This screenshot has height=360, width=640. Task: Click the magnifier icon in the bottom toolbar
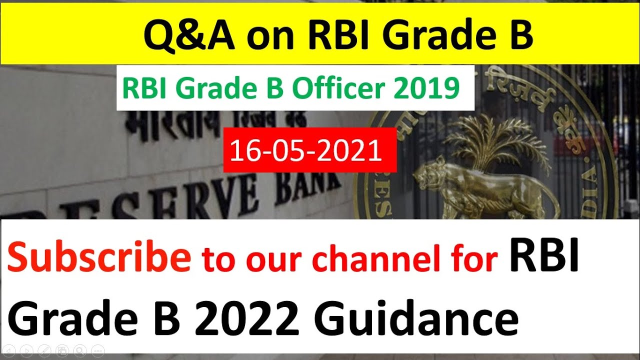click(78, 350)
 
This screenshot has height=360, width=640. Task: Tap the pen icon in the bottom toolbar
click(44, 350)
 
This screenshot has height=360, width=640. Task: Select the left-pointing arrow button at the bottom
click(10, 350)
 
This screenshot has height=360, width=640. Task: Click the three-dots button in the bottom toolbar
click(95, 350)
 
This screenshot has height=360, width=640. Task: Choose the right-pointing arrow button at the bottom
click(27, 350)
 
